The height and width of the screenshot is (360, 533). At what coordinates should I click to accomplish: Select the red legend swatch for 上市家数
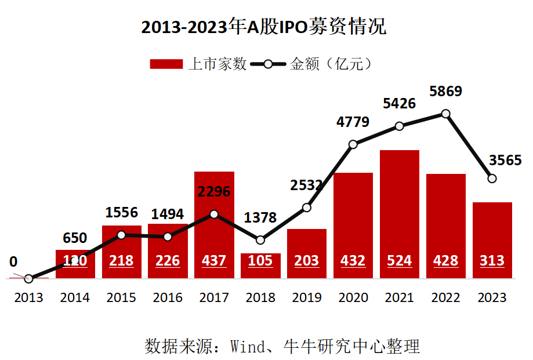tap(166, 64)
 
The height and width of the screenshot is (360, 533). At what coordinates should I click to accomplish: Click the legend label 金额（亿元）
tap(331, 64)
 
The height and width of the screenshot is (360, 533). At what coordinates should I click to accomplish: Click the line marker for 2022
tap(445, 114)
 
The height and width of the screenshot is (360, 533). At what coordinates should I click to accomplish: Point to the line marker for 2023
tap(492, 179)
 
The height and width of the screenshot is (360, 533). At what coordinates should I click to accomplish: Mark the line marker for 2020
tap(353, 144)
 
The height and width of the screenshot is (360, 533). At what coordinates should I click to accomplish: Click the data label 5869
tap(445, 92)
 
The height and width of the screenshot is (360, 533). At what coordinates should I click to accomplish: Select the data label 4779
tap(353, 122)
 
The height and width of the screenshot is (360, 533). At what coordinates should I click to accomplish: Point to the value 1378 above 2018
tap(260, 218)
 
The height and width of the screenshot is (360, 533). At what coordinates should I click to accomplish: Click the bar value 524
tap(399, 261)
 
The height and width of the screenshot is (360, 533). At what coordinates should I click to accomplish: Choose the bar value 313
tap(492, 261)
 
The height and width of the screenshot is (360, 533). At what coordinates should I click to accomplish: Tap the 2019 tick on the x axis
tap(307, 298)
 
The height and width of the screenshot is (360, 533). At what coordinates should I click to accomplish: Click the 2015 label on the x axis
tap(121, 298)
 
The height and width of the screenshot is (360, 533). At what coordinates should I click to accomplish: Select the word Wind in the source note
tap(249, 347)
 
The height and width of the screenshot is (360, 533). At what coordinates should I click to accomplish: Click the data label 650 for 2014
tap(75, 238)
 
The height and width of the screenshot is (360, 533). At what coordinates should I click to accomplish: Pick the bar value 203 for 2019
tap(307, 261)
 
